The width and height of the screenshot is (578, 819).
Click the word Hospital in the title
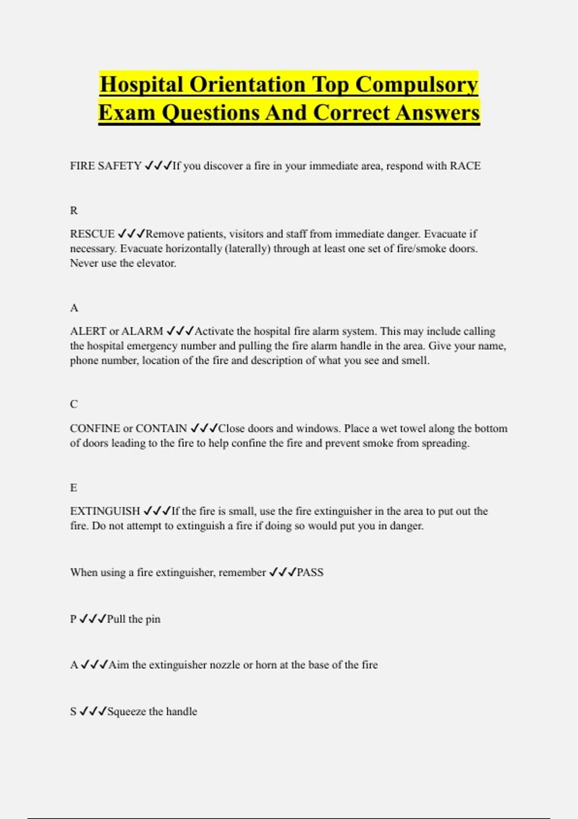[x=141, y=84]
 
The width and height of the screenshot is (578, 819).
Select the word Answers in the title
[x=438, y=113]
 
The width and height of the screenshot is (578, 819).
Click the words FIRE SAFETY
[x=105, y=166]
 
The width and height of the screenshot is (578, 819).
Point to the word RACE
[x=465, y=166]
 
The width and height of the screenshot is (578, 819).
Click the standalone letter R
[x=74, y=211]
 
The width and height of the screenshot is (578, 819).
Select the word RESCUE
[x=92, y=234]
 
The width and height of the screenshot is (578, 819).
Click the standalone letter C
[x=74, y=404]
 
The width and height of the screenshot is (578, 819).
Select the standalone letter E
[x=74, y=488]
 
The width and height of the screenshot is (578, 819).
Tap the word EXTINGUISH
[x=105, y=511]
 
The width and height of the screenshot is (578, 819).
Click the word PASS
[x=310, y=573]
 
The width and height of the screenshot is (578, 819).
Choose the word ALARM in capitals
[x=142, y=331]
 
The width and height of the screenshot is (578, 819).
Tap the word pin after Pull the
[x=153, y=619]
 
